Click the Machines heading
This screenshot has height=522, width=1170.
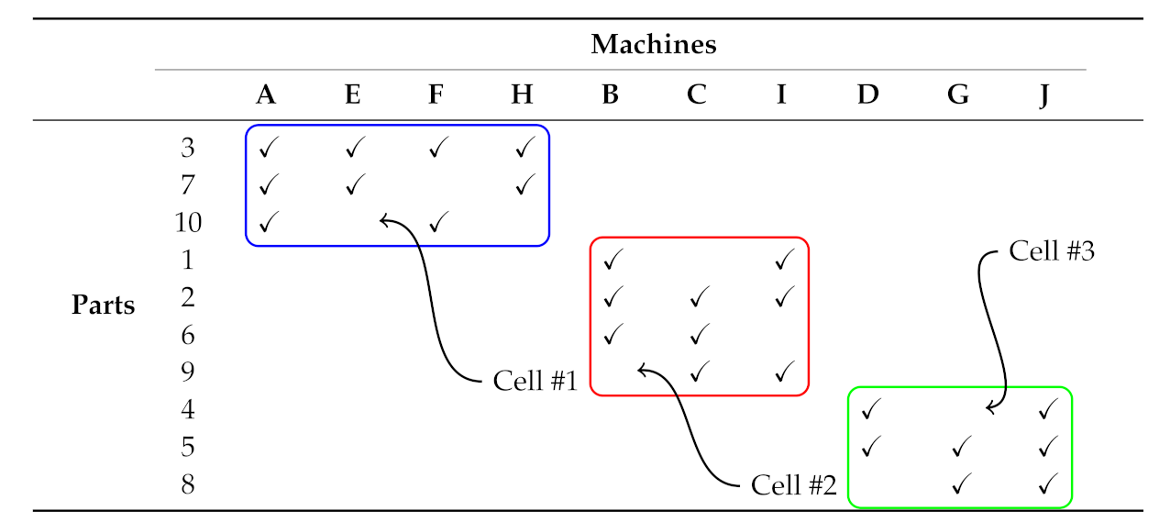[653, 44]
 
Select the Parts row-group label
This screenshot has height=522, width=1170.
[103, 305]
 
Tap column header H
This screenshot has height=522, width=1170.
[522, 94]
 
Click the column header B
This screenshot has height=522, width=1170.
[610, 94]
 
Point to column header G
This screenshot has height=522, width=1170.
[958, 94]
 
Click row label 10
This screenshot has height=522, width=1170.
[188, 222]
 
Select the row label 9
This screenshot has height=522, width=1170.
[188, 372]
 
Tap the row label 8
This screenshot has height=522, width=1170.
[188, 483]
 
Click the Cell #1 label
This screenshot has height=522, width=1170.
[535, 381]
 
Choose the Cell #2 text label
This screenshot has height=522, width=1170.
[793, 485]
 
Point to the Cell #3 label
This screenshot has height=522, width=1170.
[1052, 251]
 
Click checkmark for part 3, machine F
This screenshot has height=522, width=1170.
[438, 147]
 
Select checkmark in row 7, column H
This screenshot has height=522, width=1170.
[524, 184]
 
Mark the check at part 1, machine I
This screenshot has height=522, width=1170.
[783, 260]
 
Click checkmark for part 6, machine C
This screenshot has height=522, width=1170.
[699, 334]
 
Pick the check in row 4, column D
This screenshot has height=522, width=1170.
[871, 408]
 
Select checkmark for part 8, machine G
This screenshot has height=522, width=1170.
[960, 483]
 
